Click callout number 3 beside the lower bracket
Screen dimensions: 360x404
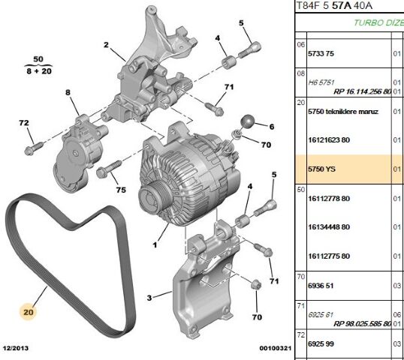tap(149, 298)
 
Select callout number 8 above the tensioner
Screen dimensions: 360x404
tap(67, 92)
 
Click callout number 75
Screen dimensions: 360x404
tap(120, 189)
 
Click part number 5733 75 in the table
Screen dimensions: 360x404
tap(327, 53)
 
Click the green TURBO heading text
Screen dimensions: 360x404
tap(379, 23)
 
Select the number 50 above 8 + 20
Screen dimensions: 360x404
tap(38, 58)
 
